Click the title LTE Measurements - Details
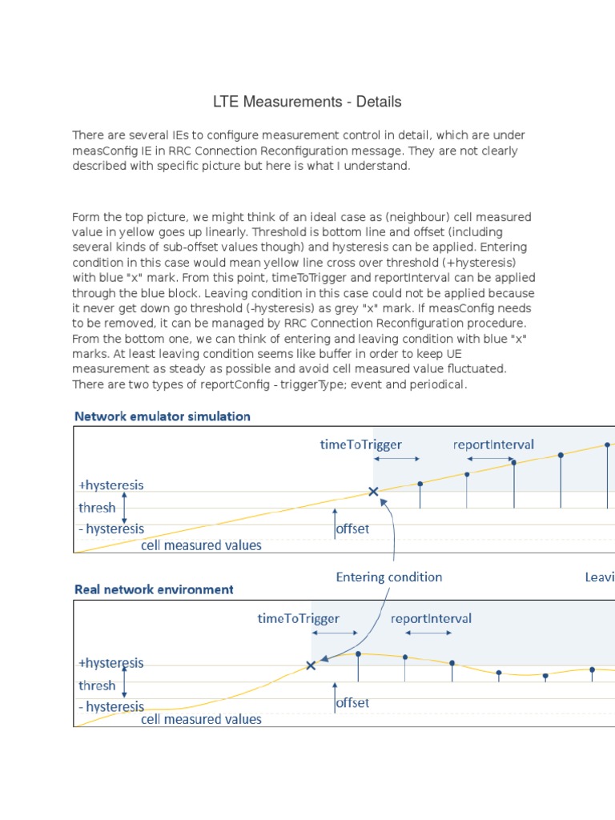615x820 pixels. tap(307, 102)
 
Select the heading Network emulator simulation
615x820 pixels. tap(162, 416)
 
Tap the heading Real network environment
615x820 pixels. tap(154, 589)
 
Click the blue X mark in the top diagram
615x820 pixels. tap(373, 492)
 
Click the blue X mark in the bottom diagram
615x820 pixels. tap(311, 665)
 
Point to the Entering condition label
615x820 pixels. tap(388, 577)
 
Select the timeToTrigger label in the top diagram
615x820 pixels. tap(360, 444)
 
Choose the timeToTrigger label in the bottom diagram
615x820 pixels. tap(299, 618)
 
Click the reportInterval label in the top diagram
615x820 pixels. tap(493, 444)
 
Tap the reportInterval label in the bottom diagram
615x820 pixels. tap(431, 618)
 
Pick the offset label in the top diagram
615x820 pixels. tap(352, 529)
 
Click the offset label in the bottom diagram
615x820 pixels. tap(352, 702)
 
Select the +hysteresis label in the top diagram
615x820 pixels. tap(111, 484)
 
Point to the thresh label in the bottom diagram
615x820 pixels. tap(97, 685)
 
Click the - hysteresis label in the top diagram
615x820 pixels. tap(111, 529)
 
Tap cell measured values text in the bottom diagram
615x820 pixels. tap(201, 719)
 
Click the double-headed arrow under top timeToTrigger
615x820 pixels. tap(396, 459)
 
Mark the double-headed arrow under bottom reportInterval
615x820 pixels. tap(428, 633)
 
